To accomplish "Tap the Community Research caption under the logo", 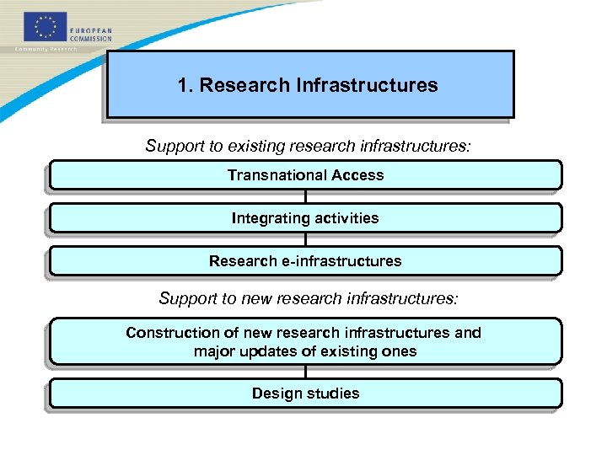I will click(46, 50).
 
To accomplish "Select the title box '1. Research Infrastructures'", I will click(309, 84).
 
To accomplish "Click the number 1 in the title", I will click(183, 85).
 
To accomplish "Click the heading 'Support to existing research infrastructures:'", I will click(308, 146).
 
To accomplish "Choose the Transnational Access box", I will click(305, 175).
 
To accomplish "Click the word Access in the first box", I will click(357, 175).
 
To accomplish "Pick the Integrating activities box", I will click(305, 218).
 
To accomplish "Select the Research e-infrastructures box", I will click(305, 261).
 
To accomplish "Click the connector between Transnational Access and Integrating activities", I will click(305, 196).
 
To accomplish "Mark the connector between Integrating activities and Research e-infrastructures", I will click(305, 239).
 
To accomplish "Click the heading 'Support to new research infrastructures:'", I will click(309, 298).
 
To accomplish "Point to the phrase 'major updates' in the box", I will click(245, 351).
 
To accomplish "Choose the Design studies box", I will click(305, 393).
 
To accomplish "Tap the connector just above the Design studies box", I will click(305, 372).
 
